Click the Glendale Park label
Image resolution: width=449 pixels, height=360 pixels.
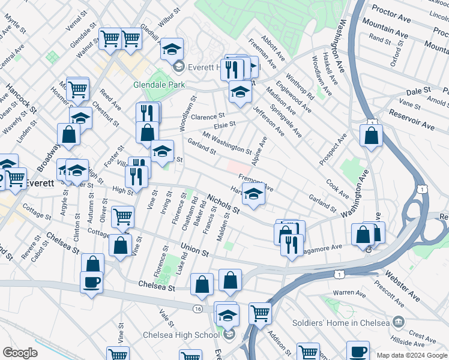[x=159, y=85]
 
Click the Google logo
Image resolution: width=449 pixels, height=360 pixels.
[x=20, y=353]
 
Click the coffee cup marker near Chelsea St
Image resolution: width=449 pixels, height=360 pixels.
[x=91, y=282]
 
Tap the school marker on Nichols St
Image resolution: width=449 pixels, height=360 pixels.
[x=254, y=194]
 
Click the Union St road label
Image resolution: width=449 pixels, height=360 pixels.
[x=194, y=250]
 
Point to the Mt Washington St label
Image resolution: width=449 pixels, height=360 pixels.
[x=227, y=143]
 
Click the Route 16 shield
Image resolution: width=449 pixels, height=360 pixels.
[x=197, y=308]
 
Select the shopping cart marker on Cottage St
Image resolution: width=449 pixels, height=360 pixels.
[x=122, y=216]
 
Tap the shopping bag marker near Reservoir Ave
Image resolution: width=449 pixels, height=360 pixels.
[x=372, y=134]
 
